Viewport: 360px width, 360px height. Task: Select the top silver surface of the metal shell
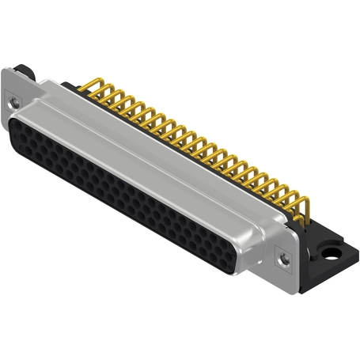(158, 142)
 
